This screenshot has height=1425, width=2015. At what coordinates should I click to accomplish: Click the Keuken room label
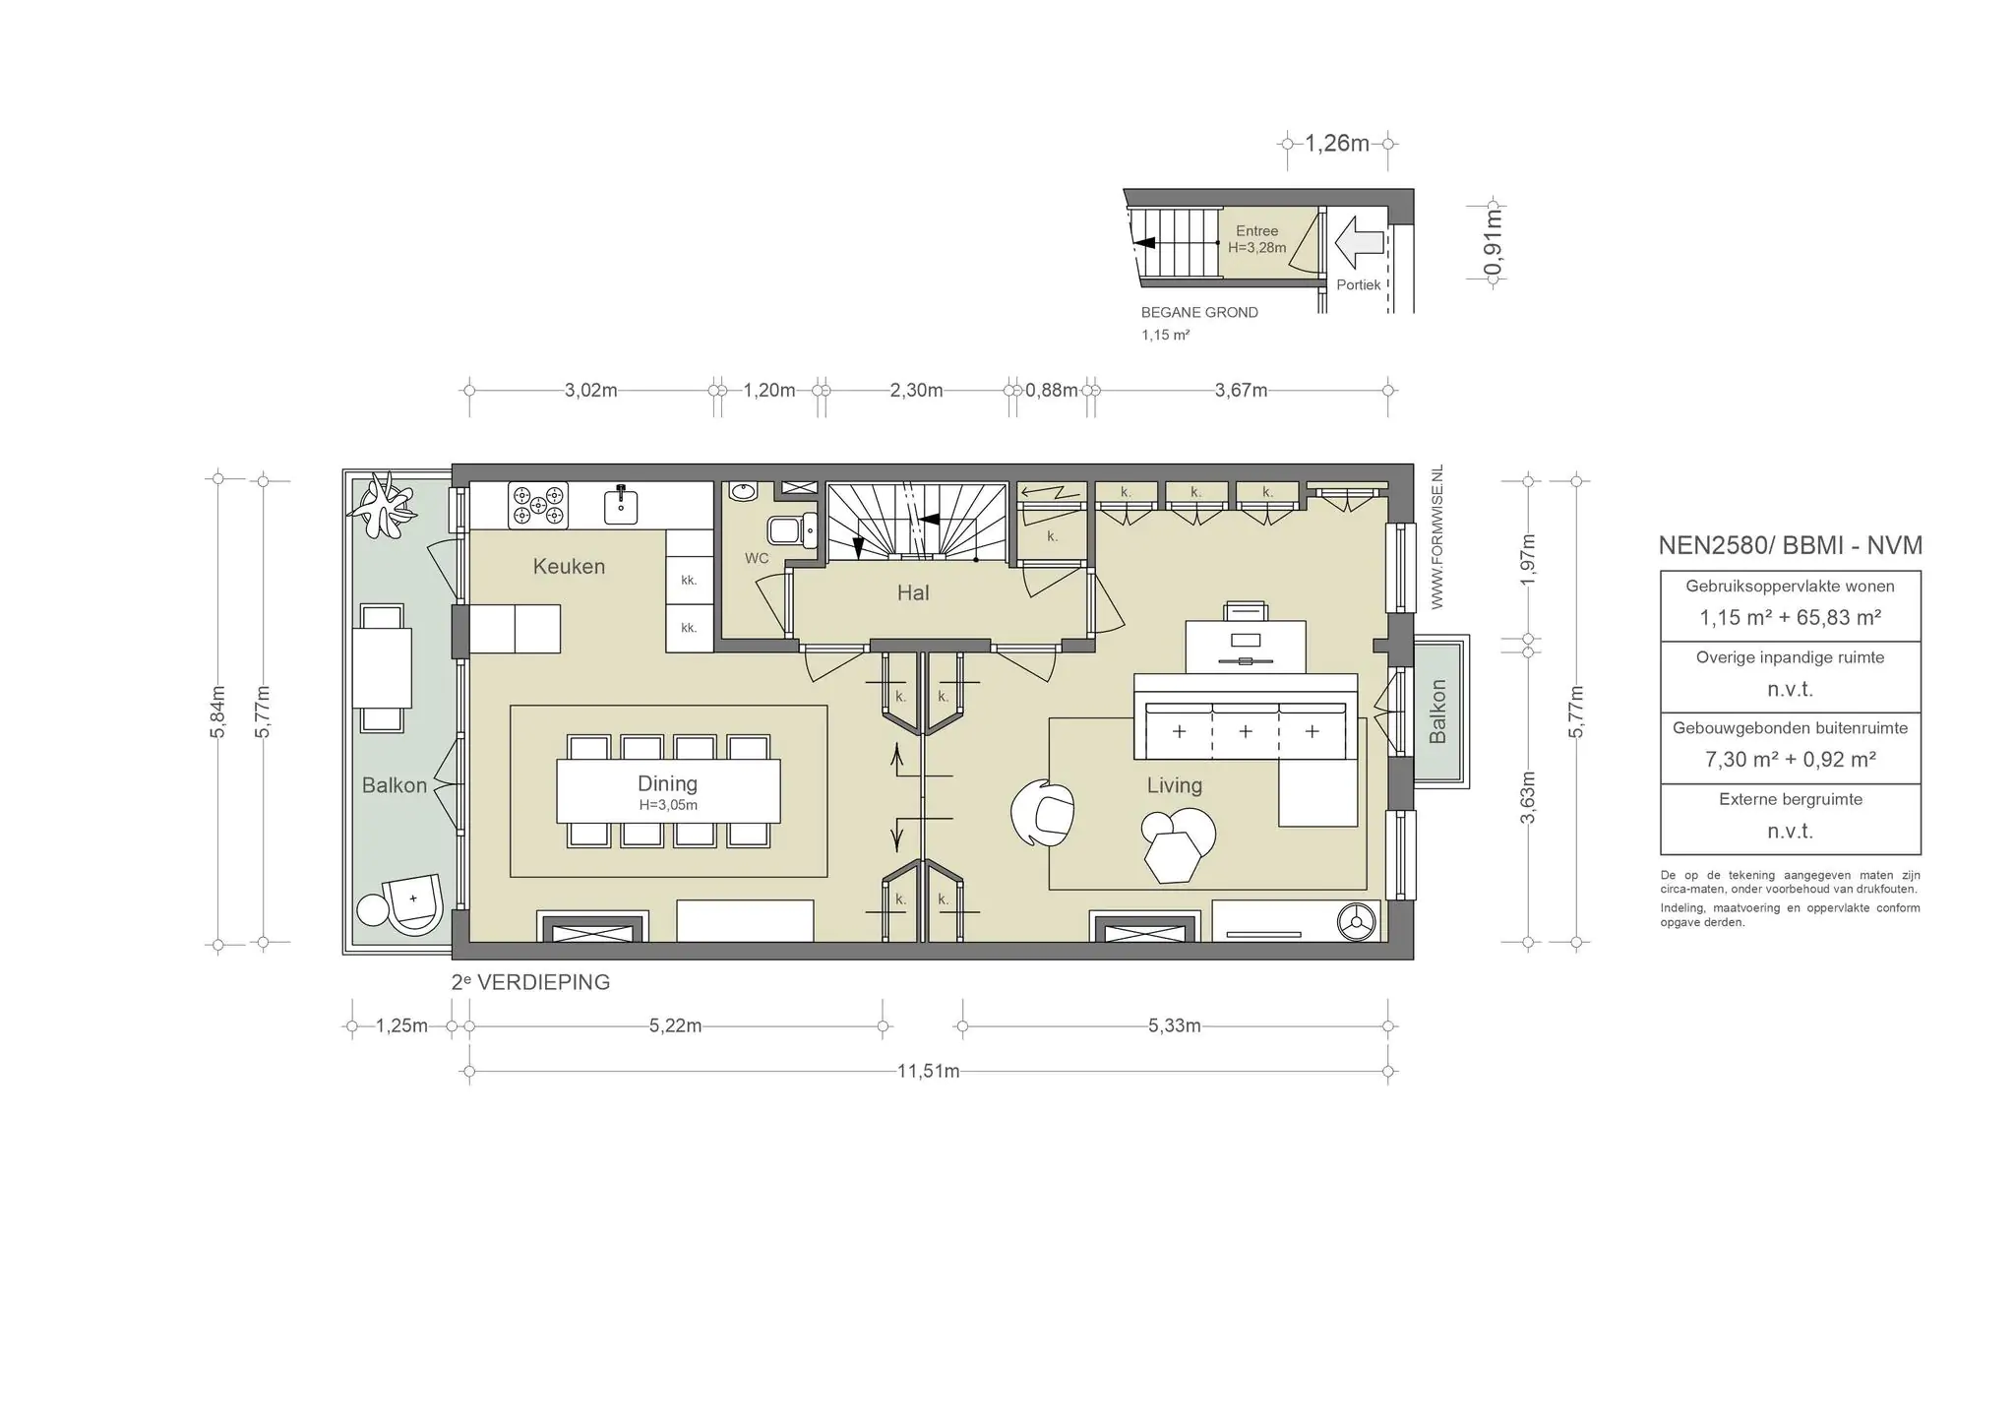click(x=569, y=566)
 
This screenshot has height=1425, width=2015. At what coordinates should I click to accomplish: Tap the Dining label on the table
click(x=667, y=783)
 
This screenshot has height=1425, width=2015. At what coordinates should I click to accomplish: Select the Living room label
click(x=1174, y=785)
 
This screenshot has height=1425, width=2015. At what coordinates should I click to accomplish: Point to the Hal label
click(x=913, y=592)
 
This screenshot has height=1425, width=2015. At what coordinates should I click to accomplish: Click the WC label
click(x=757, y=558)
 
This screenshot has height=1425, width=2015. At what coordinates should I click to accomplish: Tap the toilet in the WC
click(x=792, y=531)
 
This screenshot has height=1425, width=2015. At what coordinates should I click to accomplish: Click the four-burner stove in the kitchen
click(x=538, y=505)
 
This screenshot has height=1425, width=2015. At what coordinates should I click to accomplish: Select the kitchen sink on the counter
click(x=621, y=504)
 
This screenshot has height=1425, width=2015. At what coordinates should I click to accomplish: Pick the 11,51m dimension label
click(x=928, y=1071)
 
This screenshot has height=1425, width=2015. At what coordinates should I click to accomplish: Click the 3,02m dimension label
click(x=590, y=390)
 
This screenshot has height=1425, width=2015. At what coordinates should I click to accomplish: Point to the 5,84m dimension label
click(x=218, y=712)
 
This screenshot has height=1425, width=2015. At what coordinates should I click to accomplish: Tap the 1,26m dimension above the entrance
click(x=1337, y=144)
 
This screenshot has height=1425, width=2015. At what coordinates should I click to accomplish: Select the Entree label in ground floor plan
click(x=1256, y=231)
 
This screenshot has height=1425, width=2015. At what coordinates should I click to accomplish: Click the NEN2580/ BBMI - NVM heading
click(x=1790, y=545)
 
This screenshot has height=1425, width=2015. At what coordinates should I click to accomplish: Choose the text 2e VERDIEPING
click(x=530, y=982)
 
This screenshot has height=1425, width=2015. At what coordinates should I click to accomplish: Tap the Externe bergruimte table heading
click(x=1790, y=799)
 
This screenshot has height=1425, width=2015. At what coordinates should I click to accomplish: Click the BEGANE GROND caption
click(x=1199, y=312)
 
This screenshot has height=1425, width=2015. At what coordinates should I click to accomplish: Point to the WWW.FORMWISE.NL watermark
click(x=1436, y=537)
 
